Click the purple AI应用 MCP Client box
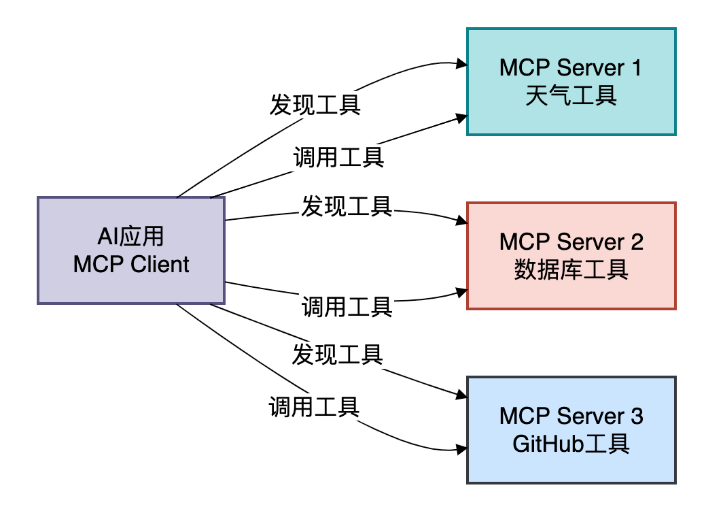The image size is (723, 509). pyautogui.click(x=131, y=250)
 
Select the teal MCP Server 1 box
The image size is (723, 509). pyautogui.click(x=571, y=82)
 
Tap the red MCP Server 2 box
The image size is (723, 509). pyautogui.click(x=571, y=256)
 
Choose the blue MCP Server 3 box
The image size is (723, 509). pyautogui.click(x=571, y=430)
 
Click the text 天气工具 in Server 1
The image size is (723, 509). pyautogui.click(x=571, y=96)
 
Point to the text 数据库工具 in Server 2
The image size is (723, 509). pyautogui.click(x=571, y=269)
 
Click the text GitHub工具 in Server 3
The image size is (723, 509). pyautogui.click(x=571, y=444)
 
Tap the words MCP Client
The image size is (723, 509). pyautogui.click(x=131, y=265)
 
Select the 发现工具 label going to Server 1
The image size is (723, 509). pyautogui.click(x=315, y=104)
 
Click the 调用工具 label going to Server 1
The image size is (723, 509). pyautogui.click(x=339, y=157)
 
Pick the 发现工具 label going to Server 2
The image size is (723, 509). pyautogui.click(x=347, y=206)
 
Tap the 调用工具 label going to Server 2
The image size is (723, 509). pyautogui.click(x=347, y=307)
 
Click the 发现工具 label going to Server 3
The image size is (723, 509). pyautogui.click(x=338, y=355)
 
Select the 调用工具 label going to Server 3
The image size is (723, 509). pyautogui.click(x=314, y=407)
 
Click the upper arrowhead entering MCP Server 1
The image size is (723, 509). pyautogui.click(x=461, y=64)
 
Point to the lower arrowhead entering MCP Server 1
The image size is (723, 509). pyautogui.click(x=461, y=118)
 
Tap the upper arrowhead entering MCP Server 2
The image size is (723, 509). pyautogui.click(x=461, y=220)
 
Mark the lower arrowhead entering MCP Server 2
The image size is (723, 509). pyautogui.click(x=461, y=292)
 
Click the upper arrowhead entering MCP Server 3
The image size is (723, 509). pyautogui.click(x=461, y=395)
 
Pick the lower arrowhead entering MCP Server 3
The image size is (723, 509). pyautogui.click(x=461, y=449)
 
